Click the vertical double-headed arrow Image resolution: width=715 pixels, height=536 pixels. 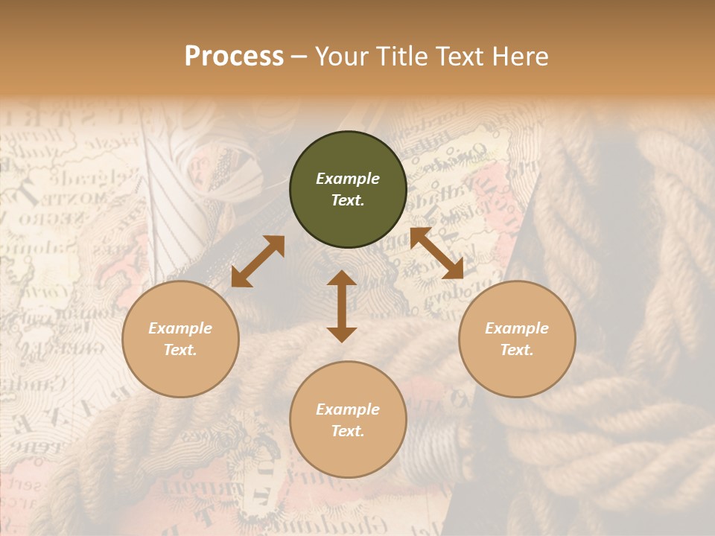342,306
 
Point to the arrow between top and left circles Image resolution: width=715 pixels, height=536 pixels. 258,261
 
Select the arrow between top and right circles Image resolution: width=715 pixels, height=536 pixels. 436,253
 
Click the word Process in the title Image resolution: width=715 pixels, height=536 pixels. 234,57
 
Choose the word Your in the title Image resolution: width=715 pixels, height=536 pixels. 342,57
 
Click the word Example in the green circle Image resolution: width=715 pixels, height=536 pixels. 348,179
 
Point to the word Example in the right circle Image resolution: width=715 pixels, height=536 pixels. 517,328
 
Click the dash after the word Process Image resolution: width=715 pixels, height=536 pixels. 299,57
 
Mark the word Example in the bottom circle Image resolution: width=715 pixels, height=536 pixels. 348,409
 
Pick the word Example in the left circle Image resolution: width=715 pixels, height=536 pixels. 180,328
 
